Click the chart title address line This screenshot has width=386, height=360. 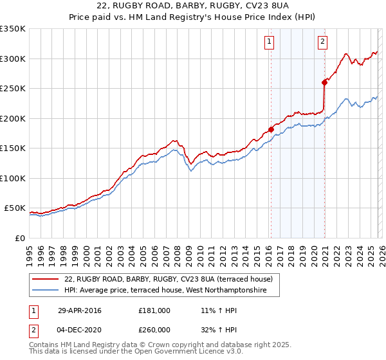coord(193,6)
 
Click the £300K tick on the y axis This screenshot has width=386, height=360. coord(13,59)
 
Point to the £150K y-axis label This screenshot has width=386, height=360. coord(13,148)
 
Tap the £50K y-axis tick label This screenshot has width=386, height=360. coord(15,208)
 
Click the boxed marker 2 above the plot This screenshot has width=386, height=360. coord(322,42)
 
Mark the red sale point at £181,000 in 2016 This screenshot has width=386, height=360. coord(271,130)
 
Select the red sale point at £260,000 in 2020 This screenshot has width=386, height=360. coord(324,82)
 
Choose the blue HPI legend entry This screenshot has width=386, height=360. coord(171,291)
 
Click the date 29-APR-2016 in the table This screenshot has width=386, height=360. coord(79,310)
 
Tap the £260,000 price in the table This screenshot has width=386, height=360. coord(154,329)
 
